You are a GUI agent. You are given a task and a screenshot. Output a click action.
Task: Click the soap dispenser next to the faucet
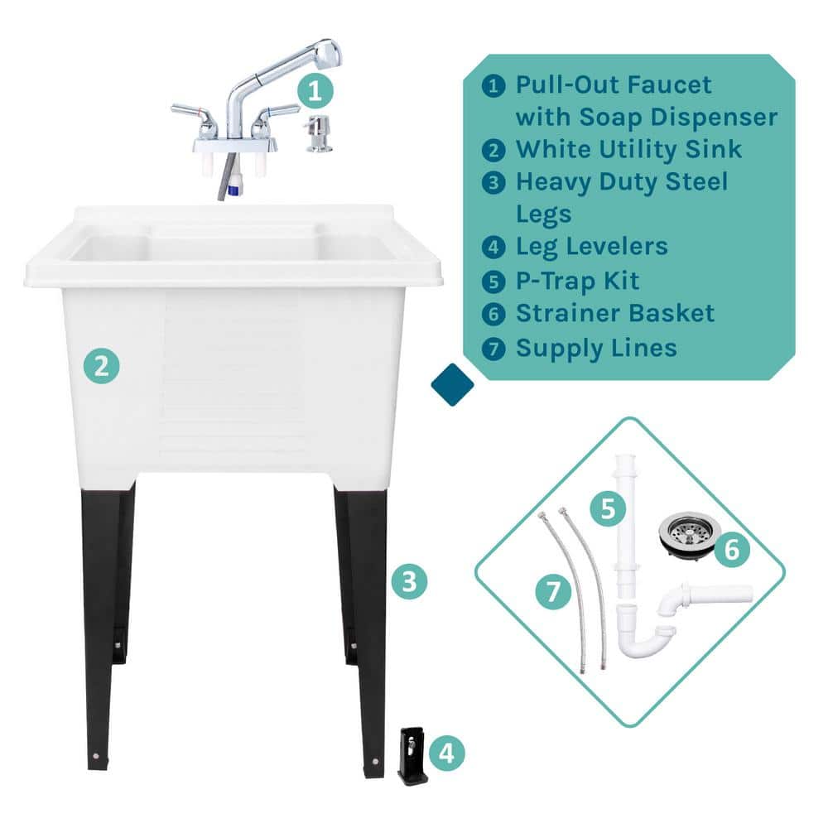pos(319,134)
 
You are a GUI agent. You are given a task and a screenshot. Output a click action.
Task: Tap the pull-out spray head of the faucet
pos(323,55)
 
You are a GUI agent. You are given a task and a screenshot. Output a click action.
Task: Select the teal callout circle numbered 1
pos(315,91)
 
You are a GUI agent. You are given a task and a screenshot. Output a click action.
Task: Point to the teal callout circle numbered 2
pos(101,365)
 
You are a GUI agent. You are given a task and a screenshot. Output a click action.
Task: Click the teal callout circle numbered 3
pos(409,581)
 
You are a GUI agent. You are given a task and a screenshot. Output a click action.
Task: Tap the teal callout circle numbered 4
pos(447,753)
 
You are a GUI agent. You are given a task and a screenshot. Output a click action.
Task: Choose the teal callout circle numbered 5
pos(608,509)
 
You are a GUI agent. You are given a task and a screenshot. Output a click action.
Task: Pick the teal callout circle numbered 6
pos(732,549)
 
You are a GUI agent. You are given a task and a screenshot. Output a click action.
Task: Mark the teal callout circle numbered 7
pos(553,591)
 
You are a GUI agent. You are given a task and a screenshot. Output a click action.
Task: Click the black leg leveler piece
pos(412,756)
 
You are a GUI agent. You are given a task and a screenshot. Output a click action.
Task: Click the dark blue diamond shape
pos(453,384)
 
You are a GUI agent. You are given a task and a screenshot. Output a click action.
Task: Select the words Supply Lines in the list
pos(597,349)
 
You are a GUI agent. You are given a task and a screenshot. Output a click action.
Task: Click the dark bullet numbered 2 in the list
pos(493,151)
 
